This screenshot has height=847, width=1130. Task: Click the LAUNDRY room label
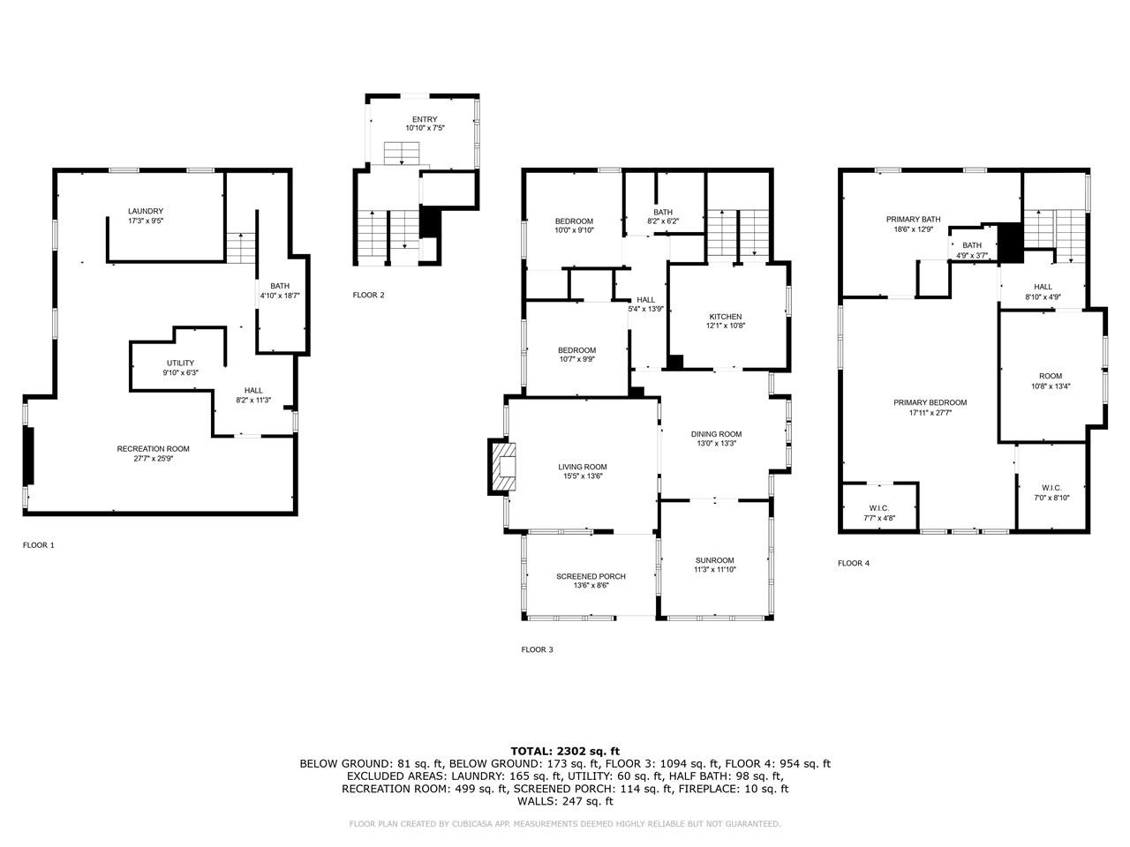(146, 212)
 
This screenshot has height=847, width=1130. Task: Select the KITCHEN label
(726, 317)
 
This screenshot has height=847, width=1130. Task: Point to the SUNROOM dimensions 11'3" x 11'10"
(714, 569)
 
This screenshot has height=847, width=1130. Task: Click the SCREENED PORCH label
(591, 576)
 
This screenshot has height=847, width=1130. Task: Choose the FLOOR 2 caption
(369, 296)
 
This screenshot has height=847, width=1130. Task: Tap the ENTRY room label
(425, 119)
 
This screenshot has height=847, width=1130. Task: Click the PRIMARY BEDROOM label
(930, 402)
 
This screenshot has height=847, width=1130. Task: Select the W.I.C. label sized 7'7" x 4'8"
(879, 508)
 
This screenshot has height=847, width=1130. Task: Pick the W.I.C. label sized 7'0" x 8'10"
(1051, 488)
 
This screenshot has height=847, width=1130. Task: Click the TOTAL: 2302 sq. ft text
(565, 752)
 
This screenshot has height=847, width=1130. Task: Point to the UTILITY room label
(180, 364)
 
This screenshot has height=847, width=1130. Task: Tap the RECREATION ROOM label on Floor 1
(154, 449)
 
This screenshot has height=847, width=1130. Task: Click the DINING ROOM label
(716, 434)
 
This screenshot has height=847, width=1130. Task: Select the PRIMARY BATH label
(913, 219)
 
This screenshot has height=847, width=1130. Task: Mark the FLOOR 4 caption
(854, 563)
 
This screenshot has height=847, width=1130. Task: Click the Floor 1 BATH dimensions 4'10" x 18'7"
(280, 296)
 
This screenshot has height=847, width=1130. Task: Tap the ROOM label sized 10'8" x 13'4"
(1051, 376)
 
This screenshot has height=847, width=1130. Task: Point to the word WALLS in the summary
(535, 801)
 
